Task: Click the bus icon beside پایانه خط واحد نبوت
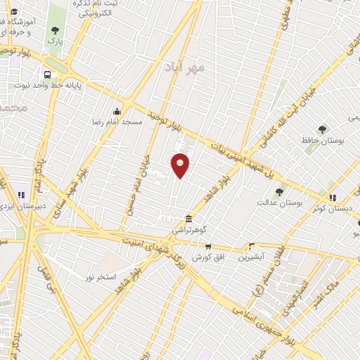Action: pos(48,75)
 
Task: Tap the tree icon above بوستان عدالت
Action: pos(279,191)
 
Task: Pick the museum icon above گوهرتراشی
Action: pos(188,218)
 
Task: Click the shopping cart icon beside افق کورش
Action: pos(207,246)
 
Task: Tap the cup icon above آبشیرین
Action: pos(251,246)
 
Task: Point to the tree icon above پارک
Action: pos(55,30)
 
